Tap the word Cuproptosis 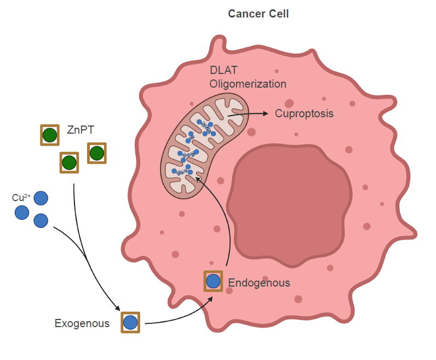tap(305, 114)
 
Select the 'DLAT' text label tap(223, 71)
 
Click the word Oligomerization tap(248, 84)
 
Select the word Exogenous tap(82, 323)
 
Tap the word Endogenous tap(259, 283)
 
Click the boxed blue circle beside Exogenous tap(130, 322)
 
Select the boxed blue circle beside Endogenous tap(213, 281)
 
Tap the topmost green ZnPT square tap(50, 135)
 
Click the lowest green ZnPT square tap(69, 162)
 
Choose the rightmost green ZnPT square tap(96, 153)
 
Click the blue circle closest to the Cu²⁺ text tap(41, 197)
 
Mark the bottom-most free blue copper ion tap(41, 220)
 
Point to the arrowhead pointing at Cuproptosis tap(266, 114)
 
